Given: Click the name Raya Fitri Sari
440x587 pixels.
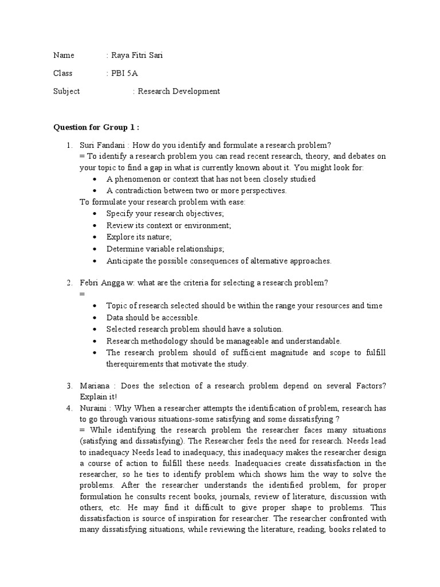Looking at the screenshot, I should pyautogui.click(x=138, y=55).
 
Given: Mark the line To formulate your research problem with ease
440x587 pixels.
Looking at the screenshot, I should pyautogui.click(x=163, y=202).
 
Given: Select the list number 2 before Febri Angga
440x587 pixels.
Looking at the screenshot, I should pyautogui.click(x=69, y=283).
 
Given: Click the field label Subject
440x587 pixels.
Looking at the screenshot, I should pyautogui.click(x=66, y=91).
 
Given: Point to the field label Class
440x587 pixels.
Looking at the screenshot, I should pyautogui.click(x=64, y=73).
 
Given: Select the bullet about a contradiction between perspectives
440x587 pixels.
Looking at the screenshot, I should pyautogui.click(x=196, y=190).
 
